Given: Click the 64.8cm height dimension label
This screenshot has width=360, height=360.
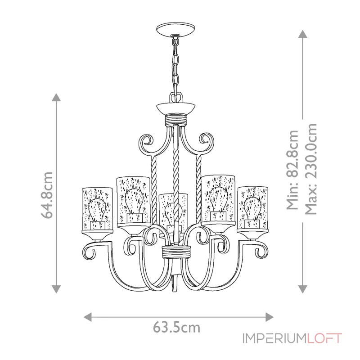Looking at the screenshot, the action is (x=47, y=195).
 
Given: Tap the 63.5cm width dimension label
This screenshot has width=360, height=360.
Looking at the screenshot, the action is (x=176, y=327).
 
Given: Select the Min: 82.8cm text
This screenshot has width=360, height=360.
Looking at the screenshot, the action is (x=292, y=170).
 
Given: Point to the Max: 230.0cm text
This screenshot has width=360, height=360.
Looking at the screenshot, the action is (x=311, y=169).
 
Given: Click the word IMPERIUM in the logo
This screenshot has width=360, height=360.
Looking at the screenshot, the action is (x=274, y=338).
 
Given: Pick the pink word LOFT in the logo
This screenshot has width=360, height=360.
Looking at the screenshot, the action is (x=324, y=338).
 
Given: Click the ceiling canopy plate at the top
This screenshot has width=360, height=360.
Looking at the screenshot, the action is (x=175, y=29).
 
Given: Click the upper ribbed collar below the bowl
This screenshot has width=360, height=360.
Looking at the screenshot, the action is (x=176, y=119).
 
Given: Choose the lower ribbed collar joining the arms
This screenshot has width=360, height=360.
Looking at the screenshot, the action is (x=176, y=252).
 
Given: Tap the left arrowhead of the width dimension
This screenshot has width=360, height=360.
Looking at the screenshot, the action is (x=87, y=317).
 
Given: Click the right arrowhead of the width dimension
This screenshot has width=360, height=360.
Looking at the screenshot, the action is (x=269, y=317).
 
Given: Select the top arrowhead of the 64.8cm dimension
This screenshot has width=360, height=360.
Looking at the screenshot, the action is (x=56, y=97).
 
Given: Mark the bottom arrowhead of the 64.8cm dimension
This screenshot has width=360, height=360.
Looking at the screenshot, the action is (x=56, y=289).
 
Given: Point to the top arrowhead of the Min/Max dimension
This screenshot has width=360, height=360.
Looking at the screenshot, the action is (x=302, y=34).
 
